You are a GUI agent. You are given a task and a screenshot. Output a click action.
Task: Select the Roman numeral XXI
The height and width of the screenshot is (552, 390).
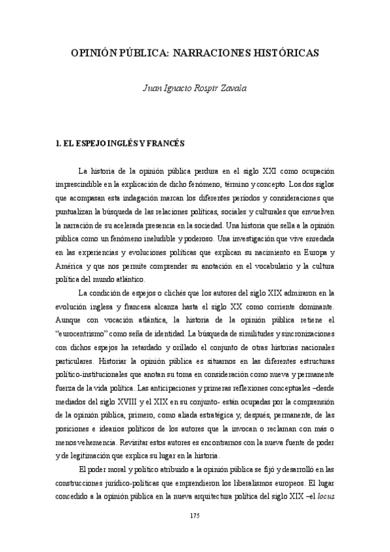tap(247, 171)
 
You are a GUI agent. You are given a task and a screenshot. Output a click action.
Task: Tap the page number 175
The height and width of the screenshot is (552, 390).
tap(195, 515)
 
